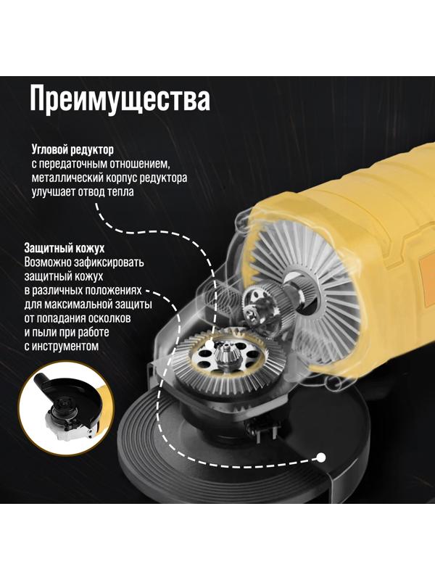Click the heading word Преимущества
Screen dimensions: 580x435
pyautogui.click(x=120, y=99)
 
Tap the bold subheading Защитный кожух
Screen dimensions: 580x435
pyautogui.click(x=66, y=248)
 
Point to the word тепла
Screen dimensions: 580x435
pyautogui.click(x=118, y=192)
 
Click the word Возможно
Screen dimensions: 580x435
pyautogui.click(x=49, y=262)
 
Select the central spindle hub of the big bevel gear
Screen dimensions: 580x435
pyautogui.click(x=224, y=358)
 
